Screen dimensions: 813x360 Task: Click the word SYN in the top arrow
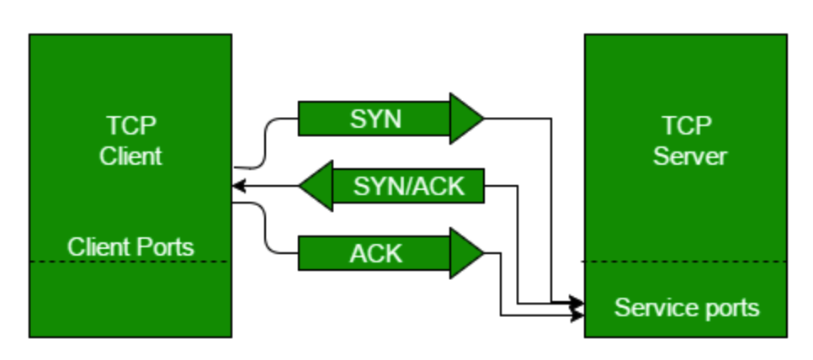click(376, 119)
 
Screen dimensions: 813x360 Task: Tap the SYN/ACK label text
click(409, 186)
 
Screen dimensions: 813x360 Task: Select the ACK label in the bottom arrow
click(376, 253)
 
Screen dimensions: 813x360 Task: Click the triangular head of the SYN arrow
click(466, 119)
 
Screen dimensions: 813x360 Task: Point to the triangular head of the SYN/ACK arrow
click(316, 186)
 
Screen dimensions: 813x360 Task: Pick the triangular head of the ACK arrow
click(466, 253)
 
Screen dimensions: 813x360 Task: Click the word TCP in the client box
click(131, 125)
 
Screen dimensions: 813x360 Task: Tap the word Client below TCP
click(130, 156)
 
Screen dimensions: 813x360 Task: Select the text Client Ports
click(130, 247)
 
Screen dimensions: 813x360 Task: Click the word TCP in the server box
click(687, 125)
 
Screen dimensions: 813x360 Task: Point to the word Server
click(689, 156)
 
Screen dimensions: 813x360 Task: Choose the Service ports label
click(687, 308)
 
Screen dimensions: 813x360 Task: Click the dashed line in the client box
click(130, 262)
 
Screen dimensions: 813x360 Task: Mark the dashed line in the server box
click(685, 262)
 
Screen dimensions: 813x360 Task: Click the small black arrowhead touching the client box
click(238, 185)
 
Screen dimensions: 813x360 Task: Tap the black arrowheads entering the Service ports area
click(577, 308)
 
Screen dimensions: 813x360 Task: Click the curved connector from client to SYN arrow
click(265, 143)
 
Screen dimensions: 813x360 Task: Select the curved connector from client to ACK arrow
click(265, 228)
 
